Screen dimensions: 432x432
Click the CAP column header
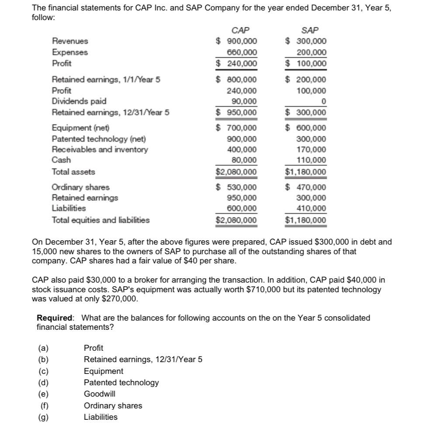[240, 30]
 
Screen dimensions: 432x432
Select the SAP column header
[310, 30]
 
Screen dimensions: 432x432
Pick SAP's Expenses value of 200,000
[311, 52]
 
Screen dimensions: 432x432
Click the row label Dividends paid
[79, 101]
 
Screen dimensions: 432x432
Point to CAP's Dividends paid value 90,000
[244, 101]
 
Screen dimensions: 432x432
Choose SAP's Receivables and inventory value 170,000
[311, 150]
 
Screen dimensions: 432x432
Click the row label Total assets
[73, 172]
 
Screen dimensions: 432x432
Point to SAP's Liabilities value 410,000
[311, 208]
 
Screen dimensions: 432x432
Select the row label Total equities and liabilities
[100, 220]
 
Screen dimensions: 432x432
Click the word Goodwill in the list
[100, 394]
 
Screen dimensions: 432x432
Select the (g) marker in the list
[43, 417]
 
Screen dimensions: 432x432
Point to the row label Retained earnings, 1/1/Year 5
[106, 79]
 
